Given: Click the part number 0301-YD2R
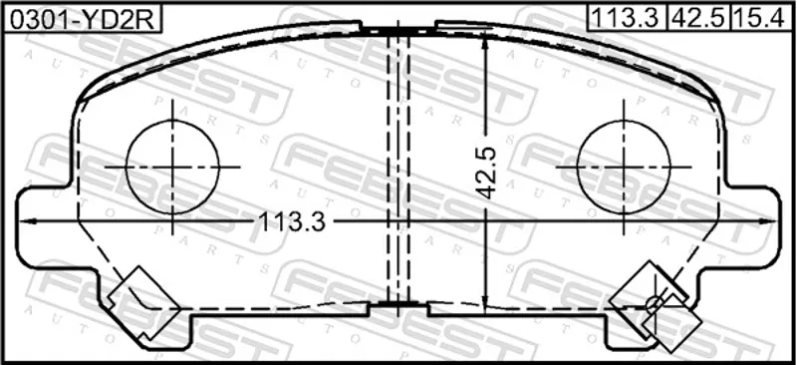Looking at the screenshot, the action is pyautogui.click(x=82, y=19).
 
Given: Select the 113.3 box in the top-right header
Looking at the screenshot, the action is pyautogui.click(x=626, y=19).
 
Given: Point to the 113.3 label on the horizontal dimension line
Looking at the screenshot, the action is pyautogui.click(x=292, y=221).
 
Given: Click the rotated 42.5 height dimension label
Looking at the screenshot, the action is pyautogui.click(x=486, y=174).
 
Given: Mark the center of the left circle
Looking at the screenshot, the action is pyautogui.click(x=172, y=167).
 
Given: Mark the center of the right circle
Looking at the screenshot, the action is pyautogui.click(x=624, y=167).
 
